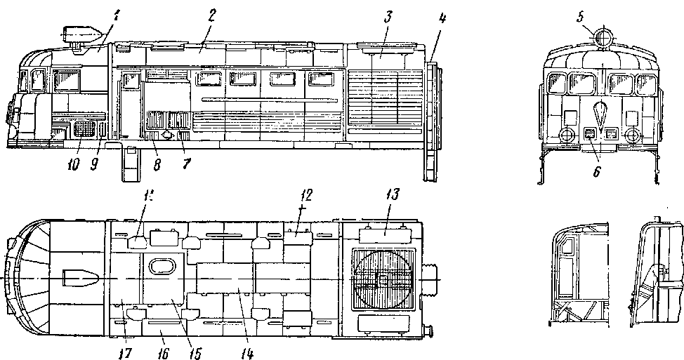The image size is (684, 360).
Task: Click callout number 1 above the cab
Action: [x=99, y=12]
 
